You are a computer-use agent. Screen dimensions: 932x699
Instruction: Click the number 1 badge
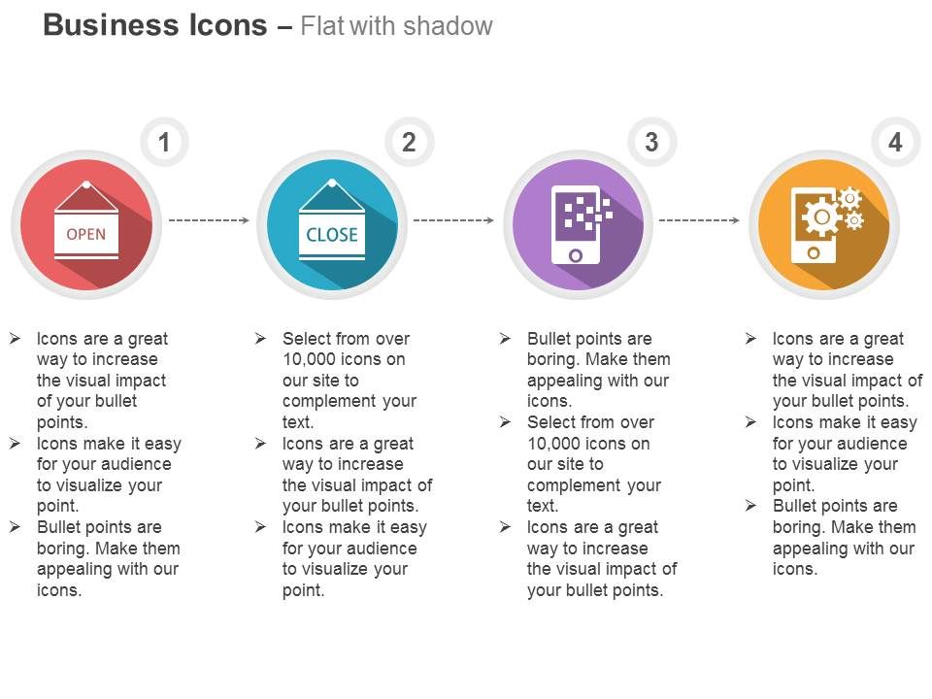164,142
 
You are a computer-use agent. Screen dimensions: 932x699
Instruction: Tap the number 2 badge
409,142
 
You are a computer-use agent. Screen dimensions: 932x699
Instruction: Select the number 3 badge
652,142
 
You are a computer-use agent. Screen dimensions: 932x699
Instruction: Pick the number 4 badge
896,142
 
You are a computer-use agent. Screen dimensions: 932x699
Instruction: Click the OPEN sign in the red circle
86,220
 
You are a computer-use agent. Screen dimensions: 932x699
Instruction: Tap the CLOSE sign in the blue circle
332,220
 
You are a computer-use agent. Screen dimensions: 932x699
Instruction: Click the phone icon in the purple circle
576,224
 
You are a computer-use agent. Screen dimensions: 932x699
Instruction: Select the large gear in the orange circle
821,216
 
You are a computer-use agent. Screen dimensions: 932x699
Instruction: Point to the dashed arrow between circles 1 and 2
209,220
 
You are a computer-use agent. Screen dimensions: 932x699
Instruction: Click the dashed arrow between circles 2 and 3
453,220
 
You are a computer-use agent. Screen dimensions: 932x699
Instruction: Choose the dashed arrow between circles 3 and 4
699,220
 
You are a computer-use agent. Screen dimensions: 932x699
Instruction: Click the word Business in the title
111,25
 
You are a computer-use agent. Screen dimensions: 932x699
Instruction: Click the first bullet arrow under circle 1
15,339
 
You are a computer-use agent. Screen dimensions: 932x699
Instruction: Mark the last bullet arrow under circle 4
750,506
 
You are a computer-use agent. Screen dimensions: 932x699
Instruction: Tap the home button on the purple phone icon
576,255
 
